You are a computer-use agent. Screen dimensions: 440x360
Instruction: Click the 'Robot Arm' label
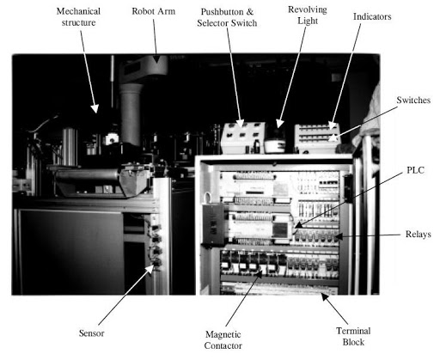click(x=153, y=11)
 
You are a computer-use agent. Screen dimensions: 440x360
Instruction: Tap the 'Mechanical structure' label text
click(x=78, y=17)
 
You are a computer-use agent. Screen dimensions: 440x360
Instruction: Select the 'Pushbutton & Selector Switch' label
click(x=227, y=17)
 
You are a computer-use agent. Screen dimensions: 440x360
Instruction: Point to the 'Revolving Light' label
click(x=308, y=15)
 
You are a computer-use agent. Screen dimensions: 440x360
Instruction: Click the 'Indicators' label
click(x=372, y=16)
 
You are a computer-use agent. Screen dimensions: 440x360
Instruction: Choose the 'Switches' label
click(x=413, y=100)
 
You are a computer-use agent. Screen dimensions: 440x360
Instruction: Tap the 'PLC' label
click(x=415, y=170)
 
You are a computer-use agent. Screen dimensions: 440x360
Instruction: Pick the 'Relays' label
click(x=418, y=235)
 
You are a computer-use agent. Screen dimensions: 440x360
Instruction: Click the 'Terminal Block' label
click(x=353, y=336)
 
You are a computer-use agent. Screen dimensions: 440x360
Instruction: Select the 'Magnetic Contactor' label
click(x=223, y=340)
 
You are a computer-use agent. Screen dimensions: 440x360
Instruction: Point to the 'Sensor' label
click(x=91, y=333)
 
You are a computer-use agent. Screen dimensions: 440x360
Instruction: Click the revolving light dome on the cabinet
click(x=275, y=140)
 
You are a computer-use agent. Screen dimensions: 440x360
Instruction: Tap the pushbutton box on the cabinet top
click(x=243, y=138)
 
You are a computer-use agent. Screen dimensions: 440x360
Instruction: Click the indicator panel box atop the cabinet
click(x=317, y=138)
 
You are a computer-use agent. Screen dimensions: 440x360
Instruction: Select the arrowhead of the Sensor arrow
click(x=150, y=268)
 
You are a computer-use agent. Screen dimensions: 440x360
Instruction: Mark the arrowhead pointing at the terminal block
click(x=324, y=297)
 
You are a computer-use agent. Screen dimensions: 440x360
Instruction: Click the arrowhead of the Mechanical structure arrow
click(x=95, y=108)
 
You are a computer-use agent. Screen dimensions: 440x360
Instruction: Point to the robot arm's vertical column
click(x=131, y=114)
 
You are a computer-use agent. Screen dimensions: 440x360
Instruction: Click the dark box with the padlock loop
click(x=213, y=224)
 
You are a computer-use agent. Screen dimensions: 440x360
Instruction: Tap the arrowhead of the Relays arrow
click(x=339, y=236)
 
